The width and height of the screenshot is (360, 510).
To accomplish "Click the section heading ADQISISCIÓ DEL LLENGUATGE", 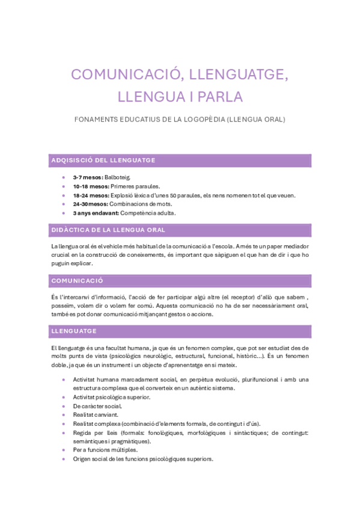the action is click(104, 160).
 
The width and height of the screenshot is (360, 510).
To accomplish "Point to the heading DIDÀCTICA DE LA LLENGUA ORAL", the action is click(108, 230).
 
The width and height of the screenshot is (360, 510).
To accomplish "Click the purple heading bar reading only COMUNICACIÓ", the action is click(78, 281).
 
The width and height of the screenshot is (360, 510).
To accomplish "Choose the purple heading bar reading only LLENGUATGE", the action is click(75, 331).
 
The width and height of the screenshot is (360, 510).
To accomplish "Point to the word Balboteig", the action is click(118, 177).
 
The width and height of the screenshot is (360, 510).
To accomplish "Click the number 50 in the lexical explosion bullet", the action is click(173, 195).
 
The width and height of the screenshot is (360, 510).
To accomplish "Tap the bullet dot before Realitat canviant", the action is click(64, 415).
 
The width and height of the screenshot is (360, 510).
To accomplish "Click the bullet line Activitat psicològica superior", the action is click(112, 397).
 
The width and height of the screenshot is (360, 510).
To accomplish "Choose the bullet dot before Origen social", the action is click(64, 459).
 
